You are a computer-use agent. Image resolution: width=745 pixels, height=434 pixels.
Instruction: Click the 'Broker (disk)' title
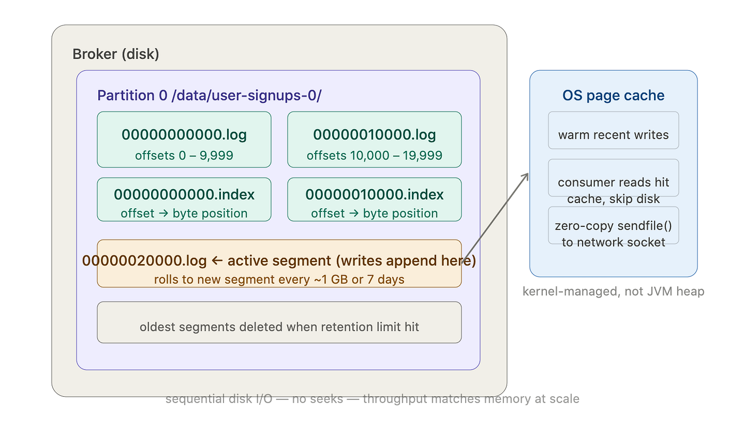tap(116, 54)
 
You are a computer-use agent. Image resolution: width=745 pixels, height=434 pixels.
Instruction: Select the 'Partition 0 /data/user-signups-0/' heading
tap(209, 96)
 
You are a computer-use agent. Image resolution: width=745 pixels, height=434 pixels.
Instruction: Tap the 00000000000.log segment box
tap(184, 140)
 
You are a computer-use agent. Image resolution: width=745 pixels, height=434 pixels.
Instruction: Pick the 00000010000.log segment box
tap(375, 140)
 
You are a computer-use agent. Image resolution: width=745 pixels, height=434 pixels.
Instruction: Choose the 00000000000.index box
tap(184, 199)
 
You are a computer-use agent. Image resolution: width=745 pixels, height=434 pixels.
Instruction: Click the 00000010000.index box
tap(375, 199)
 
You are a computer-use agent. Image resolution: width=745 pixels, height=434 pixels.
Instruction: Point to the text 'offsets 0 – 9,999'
tap(184, 156)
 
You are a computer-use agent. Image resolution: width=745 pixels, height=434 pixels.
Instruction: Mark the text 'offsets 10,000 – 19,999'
tap(375, 156)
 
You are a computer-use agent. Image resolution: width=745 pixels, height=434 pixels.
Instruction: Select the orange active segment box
tap(279, 263)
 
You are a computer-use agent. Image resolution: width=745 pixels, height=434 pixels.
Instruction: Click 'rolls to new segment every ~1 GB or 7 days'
tap(279, 279)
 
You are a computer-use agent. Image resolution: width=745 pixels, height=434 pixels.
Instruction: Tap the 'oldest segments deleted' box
tap(279, 322)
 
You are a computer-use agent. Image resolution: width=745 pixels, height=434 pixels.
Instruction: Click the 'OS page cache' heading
tap(613, 96)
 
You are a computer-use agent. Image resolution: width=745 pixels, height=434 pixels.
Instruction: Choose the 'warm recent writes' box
tap(613, 130)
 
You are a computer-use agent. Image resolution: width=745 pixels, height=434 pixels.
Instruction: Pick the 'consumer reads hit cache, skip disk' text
tap(613, 191)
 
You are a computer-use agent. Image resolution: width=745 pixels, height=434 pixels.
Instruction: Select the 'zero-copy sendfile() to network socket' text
tap(613, 234)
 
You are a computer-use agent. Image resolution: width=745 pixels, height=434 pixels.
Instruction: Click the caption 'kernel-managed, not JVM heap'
tap(613, 291)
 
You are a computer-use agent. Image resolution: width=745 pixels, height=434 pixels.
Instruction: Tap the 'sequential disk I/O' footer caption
tap(372, 399)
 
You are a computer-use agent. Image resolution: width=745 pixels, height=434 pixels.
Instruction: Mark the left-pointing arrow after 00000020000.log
tap(217, 261)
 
